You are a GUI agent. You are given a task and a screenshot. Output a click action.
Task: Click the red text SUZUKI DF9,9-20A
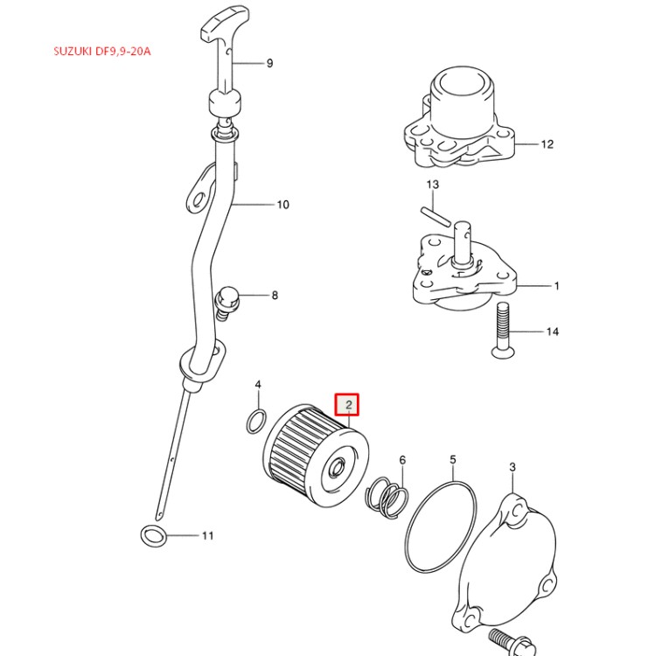click(x=102, y=52)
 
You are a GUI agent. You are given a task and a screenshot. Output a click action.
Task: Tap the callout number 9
click(x=269, y=63)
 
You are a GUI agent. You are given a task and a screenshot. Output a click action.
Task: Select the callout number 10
click(x=282, y=206)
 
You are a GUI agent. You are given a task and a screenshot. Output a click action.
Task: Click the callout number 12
click(x=547, y=144)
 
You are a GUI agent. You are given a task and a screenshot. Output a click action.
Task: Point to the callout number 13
click(x=432, y=185)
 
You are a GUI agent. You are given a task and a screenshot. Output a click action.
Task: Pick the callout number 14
click(x=552, y=332)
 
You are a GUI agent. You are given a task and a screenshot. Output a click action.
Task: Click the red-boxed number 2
click(x=349, y=404)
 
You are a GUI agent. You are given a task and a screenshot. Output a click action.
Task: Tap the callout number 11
click(x=207, y=535)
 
